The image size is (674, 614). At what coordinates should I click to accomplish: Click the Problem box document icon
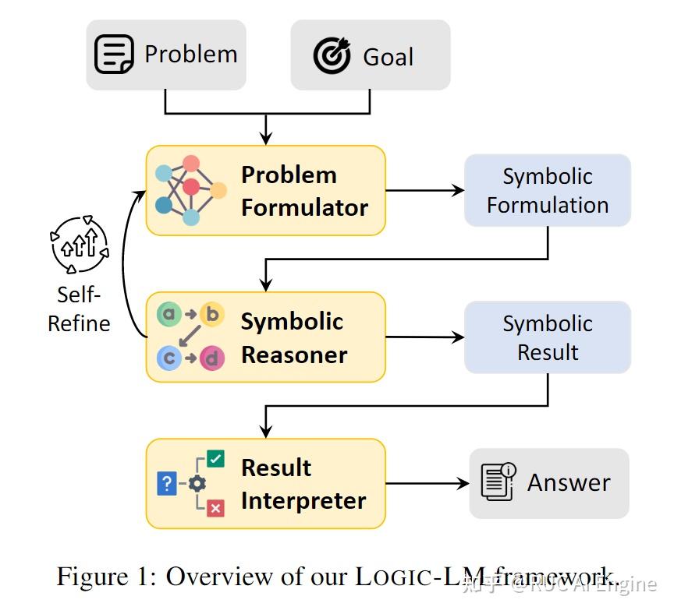point(114,55)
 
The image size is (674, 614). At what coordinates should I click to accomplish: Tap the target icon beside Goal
point(332,55)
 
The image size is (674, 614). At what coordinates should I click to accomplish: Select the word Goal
point(388,56)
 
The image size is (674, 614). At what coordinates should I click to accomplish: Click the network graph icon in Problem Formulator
point(190,190)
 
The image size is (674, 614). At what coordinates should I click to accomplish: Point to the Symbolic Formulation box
point(548,190)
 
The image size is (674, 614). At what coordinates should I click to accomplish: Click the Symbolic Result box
point(548,337)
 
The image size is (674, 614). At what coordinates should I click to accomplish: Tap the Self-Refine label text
point(79,309)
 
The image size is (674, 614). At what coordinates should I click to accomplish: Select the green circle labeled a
point(168,315)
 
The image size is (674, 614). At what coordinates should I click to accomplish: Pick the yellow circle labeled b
point(211,315)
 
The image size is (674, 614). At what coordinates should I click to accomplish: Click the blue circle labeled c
point(168,358)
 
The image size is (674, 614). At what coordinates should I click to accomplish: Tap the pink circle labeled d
point(211,358)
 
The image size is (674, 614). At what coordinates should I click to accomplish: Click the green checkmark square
point(216,459)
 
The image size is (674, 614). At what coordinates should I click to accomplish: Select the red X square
point(216,508)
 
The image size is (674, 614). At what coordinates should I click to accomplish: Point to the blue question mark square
point(167,484)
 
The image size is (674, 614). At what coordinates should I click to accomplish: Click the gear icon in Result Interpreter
point(197,484)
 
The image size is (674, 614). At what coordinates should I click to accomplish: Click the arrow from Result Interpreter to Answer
point(427,484)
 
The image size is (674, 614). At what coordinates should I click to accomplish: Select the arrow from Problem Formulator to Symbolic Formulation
point(424,190)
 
